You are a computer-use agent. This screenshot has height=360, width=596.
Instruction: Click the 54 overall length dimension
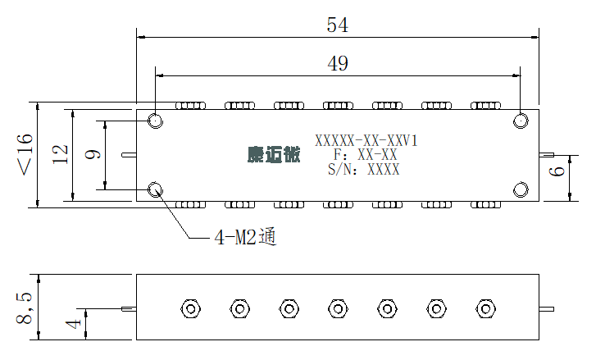tap(337, 25)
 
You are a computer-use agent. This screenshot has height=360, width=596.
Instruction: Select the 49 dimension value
tap(338, 63)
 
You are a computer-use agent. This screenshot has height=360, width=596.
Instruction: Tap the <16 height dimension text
tap(25, 154)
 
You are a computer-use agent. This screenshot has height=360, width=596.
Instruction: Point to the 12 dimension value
tap(60, 154)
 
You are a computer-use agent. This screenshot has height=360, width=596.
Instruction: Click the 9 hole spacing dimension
tap(93, 154)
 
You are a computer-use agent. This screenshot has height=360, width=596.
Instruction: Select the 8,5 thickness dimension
tap(25, 308)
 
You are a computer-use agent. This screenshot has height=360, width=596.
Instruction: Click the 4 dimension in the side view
tap(73, 323)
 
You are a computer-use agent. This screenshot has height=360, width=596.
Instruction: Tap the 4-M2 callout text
tap(245, 238)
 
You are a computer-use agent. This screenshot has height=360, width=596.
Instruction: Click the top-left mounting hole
tap(155, 121)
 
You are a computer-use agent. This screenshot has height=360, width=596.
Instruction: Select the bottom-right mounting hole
tap(521, 189)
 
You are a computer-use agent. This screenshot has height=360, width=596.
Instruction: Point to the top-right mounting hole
tap(521, 121)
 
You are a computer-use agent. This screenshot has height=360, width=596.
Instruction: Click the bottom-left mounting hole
tap(155, 189)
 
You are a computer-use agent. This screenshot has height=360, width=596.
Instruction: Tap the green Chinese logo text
tap(274, 155)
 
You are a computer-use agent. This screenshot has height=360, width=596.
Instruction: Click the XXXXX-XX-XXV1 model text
tap(366, 141)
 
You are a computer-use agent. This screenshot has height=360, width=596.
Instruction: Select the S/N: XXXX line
tap(364, 170)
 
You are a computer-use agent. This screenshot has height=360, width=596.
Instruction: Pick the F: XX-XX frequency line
tap(366, 155)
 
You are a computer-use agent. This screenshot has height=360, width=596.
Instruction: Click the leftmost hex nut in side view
tap(190, 308)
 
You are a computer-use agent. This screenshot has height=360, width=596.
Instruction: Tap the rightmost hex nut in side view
tap(485, 308)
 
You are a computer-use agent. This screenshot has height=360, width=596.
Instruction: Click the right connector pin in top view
tap(547, 155)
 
